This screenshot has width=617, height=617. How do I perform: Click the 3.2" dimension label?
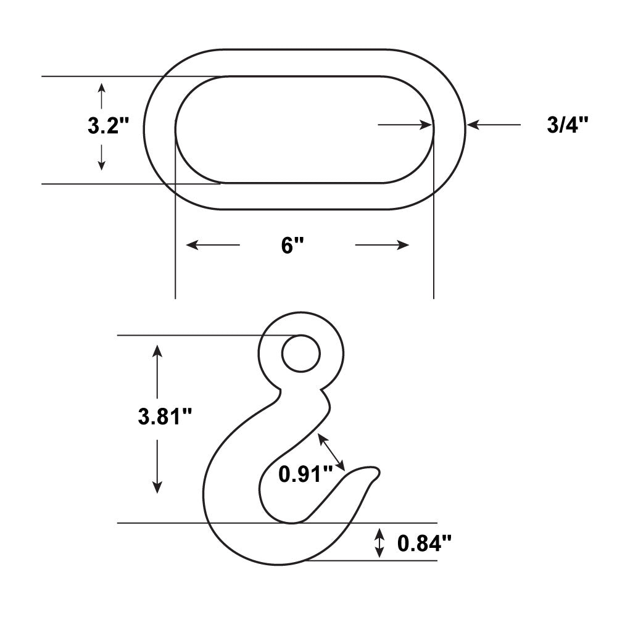[108, 126]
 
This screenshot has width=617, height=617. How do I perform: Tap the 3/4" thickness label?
[568, 125]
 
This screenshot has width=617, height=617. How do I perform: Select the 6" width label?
[292, 246]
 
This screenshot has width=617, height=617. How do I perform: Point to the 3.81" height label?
[165, 416]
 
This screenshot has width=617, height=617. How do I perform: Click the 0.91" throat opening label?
[305, 474]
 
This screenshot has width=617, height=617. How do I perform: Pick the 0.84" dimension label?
[424, 544]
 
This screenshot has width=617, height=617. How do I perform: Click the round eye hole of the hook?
[301, 354]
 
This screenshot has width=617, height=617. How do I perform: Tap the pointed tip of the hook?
[379, 471]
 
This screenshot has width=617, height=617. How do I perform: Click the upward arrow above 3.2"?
[102, 96]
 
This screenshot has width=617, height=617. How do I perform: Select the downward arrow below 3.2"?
[102, 157]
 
